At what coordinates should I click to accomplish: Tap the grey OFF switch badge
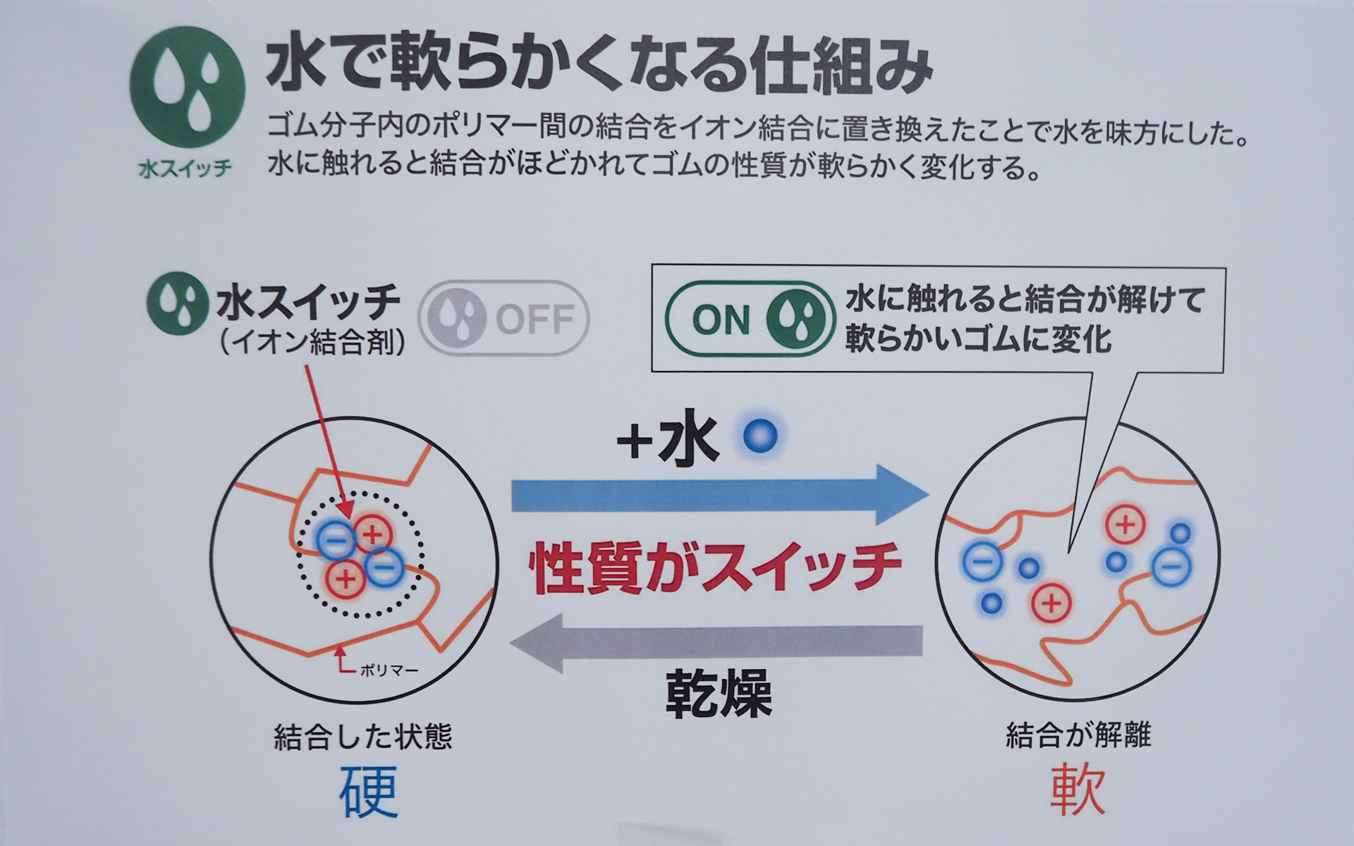pyautogui.click(x=504, y=319)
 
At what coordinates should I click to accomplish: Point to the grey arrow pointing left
pyautogui.click(x=716, y=642)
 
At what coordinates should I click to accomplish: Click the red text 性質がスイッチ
pyautogui.click(x=716, y=568)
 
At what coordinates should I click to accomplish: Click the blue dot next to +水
pyautogui.click(x=761, y=436)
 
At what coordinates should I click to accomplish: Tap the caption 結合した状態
pyautogui.click(x=362, y=737)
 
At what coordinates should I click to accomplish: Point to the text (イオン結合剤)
pyautogui.click(x=311, y=343)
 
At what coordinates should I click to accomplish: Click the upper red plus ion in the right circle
pyautogui.click(x=1126, y=525)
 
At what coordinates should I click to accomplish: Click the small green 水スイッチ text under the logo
pyautogui.click(x=185, y=169)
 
